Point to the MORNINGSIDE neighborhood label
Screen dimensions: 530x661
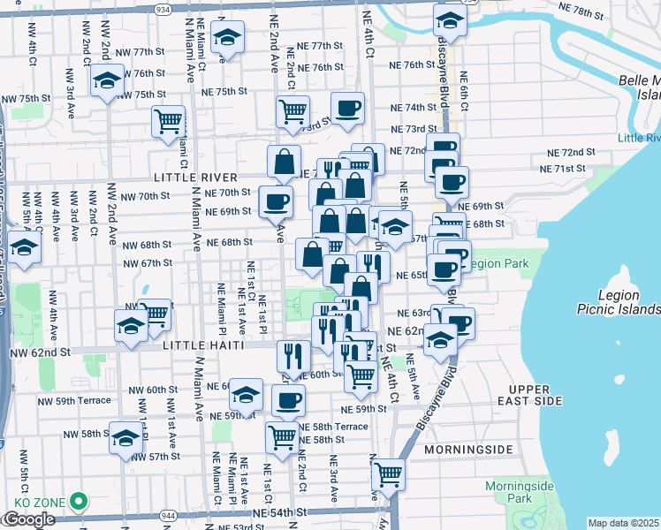pos(468,450)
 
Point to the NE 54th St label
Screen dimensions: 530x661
pos(279,512)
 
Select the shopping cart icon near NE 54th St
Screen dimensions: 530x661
pos(388,473)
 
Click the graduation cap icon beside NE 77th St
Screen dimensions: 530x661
pos(228,37)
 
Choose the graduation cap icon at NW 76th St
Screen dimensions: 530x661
pos(106,81)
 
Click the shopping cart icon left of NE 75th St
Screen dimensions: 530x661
pos(168,121)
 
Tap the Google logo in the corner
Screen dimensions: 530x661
pos(28,519)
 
